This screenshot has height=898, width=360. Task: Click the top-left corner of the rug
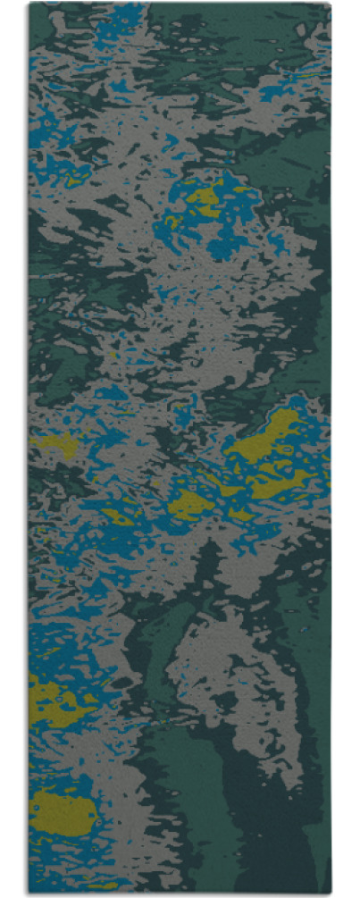point(29,4)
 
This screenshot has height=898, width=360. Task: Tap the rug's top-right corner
point(330,4)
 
